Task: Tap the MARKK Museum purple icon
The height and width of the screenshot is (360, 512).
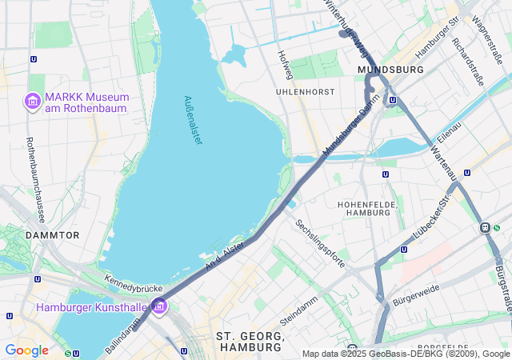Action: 32,102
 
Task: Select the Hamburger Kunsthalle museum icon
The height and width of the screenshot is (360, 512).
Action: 159,306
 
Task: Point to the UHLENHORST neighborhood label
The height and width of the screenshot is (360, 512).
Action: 305,92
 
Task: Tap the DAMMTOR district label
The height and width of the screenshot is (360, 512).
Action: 52,235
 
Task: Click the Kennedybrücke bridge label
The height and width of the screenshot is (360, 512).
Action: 134,283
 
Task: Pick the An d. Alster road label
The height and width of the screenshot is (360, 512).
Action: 224,255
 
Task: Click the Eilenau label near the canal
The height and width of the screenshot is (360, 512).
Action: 449,130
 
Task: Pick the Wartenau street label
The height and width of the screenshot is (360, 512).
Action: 442,162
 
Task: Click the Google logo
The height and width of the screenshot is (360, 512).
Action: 26,350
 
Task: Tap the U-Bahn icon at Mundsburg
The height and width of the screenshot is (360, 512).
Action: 392,100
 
